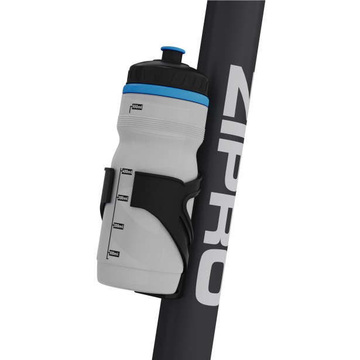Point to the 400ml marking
[126, 172]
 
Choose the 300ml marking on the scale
[123, 198]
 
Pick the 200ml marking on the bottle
[119, 226]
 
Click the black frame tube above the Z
[234, 29]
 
